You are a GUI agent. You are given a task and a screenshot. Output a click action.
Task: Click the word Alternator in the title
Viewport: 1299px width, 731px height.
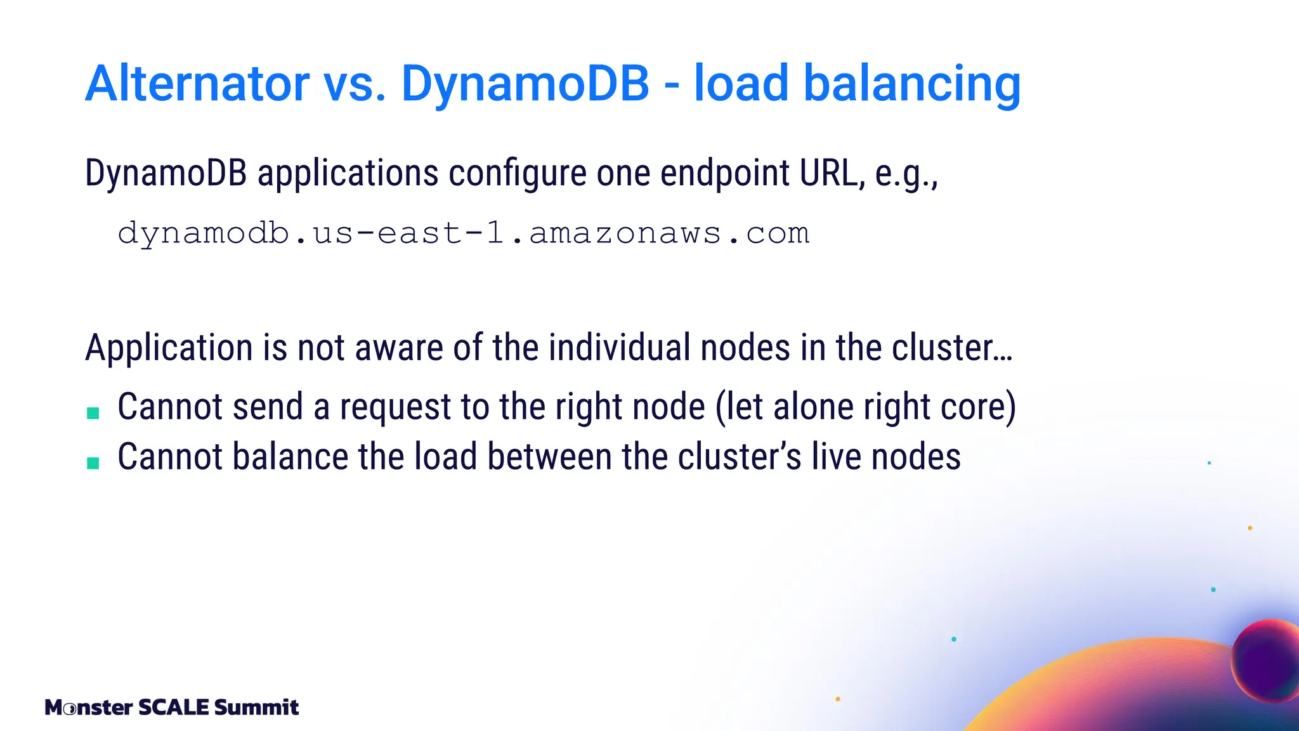click(197, 83)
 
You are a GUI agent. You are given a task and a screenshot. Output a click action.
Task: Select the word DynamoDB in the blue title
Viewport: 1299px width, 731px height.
click(525, 83)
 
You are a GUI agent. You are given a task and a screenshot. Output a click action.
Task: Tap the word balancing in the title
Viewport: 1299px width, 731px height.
click(912, 84)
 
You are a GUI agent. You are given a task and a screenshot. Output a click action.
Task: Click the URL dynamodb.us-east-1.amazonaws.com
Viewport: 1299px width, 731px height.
click(464, 234)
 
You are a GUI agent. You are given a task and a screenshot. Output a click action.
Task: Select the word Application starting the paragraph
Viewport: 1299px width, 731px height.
click(169, 348)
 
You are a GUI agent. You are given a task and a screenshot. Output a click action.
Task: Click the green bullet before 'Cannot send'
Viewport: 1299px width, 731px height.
click(93, 413)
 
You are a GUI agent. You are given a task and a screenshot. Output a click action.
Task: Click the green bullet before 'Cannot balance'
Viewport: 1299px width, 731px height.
click(93, 463)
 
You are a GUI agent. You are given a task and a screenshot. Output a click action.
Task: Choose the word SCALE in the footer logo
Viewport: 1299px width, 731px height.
click(173, 707)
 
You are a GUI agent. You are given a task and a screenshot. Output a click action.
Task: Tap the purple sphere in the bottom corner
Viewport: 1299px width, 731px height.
click(1266, 660)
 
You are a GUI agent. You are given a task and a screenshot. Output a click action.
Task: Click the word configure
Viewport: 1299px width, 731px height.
click(518, 173)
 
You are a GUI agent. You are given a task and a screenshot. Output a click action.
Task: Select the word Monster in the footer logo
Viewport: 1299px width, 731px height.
click(89, 707)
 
